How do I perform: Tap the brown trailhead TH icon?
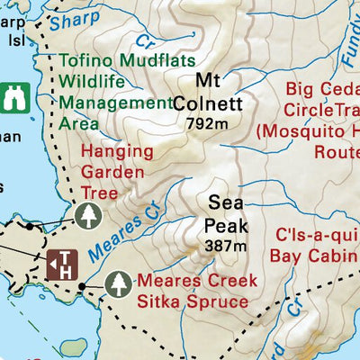pyautogui.click(x=62, y=264)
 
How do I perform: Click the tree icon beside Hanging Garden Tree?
pyautogui.click(x=87, y=214)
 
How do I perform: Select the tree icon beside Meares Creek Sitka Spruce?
pyautogui.click(x=117, y=283)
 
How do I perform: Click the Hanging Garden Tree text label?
pyautogui.click(x=112, y=172)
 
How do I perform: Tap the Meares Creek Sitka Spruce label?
pyautogui.click(x=197, y=291)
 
